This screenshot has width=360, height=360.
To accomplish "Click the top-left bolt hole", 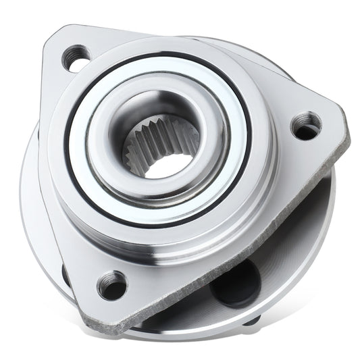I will (x=76, y=58).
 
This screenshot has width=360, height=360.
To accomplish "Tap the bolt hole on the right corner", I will (x=307, y=126).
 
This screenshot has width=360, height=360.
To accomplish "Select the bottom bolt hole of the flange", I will (x=112, y=286).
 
